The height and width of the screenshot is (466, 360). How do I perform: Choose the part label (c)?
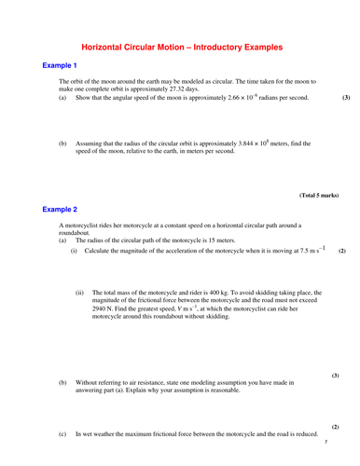point(62,434)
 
